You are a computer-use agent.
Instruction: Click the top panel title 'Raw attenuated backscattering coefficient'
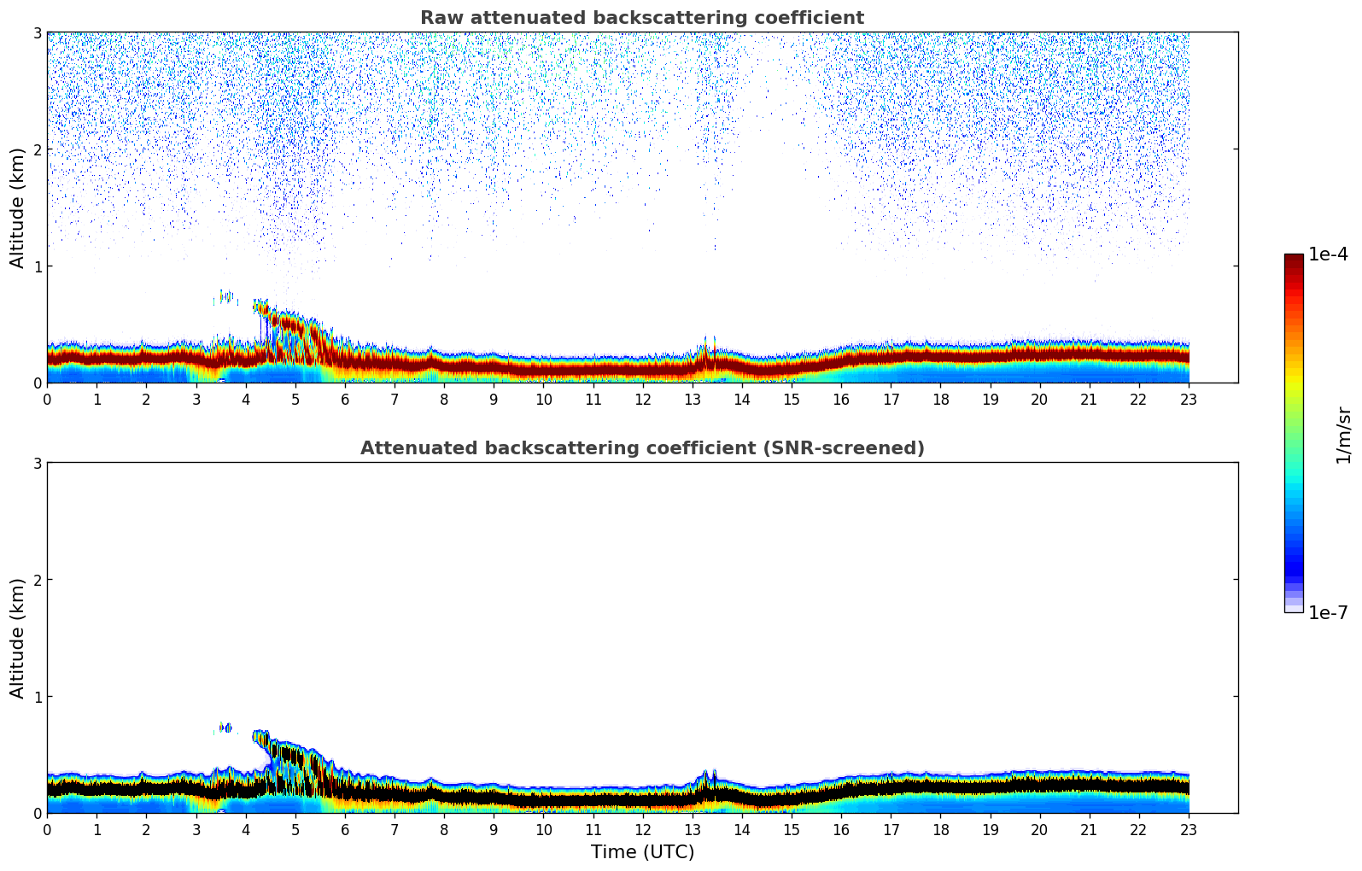tap(641, 18)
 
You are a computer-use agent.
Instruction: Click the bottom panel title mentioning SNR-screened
tap(641, 448)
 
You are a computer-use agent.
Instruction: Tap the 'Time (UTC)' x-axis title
tap(642, 852)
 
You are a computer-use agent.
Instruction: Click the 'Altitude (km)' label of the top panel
tap(18, 208)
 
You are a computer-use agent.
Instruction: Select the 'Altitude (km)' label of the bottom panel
tap(18, 638)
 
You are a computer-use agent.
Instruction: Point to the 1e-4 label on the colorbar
tap(1328, 254)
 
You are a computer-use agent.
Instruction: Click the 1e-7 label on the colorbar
tap(1328, 612)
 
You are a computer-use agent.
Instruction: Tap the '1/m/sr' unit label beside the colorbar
tap(1343, 435)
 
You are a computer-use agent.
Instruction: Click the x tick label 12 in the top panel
tap(642, 399)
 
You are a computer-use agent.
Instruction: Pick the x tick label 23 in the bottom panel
tap(1189, 829)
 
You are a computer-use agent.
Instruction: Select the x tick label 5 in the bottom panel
tap(295, 829)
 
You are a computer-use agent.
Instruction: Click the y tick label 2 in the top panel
tap(37, 149)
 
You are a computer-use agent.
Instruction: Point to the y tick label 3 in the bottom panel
tap(37, 463)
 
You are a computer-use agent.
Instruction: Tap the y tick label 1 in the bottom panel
tap(37, 697)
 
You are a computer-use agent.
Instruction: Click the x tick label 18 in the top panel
tap(940, 399)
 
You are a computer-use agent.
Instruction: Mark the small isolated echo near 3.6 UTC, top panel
tap(225, 297)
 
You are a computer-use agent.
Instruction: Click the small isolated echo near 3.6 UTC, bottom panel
tap(225, 728)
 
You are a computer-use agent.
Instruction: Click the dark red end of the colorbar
tap(1294, 260)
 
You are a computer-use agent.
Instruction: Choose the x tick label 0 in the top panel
tap(47, 399)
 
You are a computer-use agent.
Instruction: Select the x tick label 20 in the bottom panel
tap(1039, 829)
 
